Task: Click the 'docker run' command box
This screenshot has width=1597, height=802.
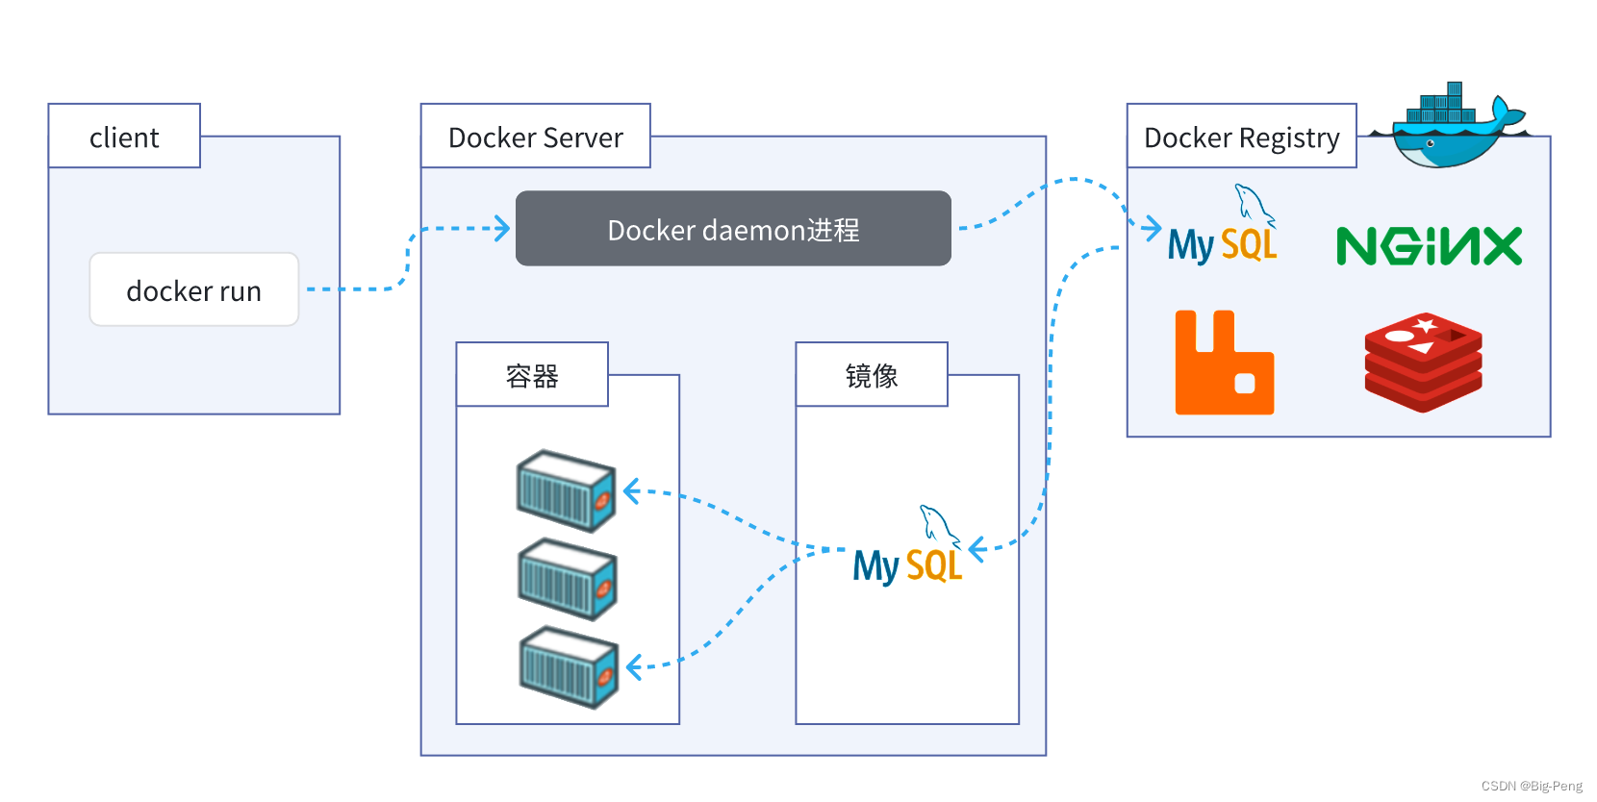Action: tap(193, 289)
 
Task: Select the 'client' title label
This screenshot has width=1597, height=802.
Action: tap(124, 137)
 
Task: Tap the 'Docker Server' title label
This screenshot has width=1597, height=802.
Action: tap(535, 137)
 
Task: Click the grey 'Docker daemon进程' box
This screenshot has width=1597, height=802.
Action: tap(733, 229)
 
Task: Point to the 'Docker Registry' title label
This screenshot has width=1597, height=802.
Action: tap(1241, 137)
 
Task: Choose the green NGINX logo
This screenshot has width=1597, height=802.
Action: tap(1429, 246)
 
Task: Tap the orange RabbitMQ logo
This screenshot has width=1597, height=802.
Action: tap(1224, 363)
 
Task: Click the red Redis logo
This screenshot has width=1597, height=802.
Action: tap(1423, 362)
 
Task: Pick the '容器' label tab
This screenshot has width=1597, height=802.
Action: tap(532, 375)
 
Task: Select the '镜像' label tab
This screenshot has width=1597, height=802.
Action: tap(872, 375)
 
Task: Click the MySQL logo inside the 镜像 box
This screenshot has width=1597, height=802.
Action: tap(907, 550)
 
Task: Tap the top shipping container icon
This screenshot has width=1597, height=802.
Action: tap(566, 491)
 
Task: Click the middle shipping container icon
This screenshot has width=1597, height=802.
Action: tap(567, 579)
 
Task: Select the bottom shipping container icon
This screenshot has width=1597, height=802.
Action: tap(569, 667)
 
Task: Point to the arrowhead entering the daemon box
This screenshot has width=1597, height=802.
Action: tap(502, 229)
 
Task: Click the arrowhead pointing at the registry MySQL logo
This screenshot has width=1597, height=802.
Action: tap(1153, 228)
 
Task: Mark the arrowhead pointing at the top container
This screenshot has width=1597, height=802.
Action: tap(631, 491)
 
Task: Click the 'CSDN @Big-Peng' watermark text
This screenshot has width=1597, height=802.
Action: tap(1532, 786)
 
